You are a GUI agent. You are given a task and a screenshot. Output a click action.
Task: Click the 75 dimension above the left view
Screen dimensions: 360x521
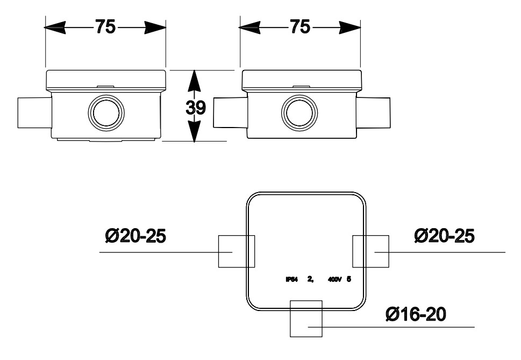pos(105,27)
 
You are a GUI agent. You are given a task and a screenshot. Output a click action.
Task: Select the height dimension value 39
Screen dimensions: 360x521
pos(196,108)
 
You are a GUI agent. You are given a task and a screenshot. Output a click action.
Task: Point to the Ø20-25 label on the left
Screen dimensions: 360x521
pos(135,236)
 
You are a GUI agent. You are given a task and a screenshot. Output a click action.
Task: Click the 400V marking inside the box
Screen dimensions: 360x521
pos(335,279)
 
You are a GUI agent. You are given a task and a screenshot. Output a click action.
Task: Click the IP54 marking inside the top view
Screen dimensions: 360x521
pos(292,279)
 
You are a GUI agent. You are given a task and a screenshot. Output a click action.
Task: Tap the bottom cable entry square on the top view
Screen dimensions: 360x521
pos(306,318)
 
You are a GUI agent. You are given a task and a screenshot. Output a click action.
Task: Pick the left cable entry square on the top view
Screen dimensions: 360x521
pos(236,251)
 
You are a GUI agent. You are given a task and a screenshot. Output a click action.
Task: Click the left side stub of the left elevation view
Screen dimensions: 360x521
pos(34,112)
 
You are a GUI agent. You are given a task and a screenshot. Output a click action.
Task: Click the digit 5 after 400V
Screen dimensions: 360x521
pos(349,279)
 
